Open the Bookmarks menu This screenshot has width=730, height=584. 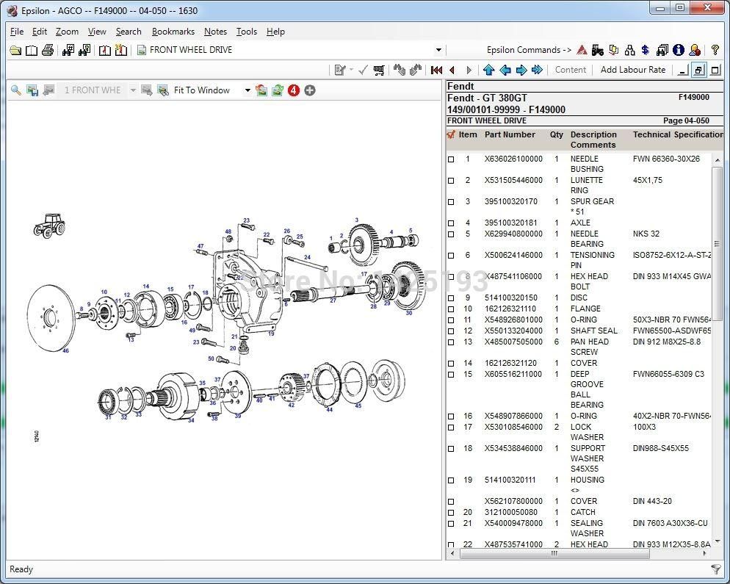coord(173,32)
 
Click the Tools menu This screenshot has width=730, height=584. coord(246,32)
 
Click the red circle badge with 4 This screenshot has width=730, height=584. coord(294,90)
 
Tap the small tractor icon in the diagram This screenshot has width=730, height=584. coord(49,225)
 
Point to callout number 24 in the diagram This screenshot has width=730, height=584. coord(306,258)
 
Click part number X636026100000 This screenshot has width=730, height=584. coord(513,159)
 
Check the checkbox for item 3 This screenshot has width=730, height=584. coord(451,202)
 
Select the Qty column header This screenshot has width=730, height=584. coord(556,134)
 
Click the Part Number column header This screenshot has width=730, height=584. coord(510,134)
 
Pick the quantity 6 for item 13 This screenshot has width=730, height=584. coord(557,342)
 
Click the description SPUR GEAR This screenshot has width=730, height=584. coord(592,201)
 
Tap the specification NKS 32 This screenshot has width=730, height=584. coord(646,234)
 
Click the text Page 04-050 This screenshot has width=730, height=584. coord(685,120)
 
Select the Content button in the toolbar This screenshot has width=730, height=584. coord(570,70)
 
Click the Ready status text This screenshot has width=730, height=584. coord(21,569)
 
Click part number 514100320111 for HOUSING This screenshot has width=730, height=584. coord(510,480)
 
